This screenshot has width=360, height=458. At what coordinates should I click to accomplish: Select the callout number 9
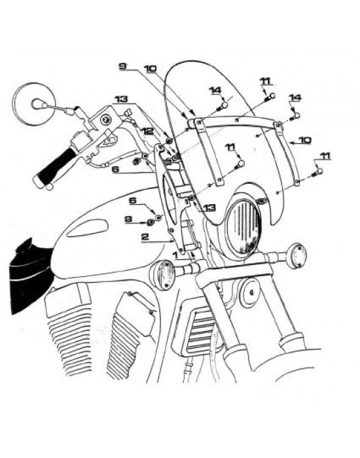[x=122, y=66]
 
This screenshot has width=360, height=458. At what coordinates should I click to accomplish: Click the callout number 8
[x=128, y=219]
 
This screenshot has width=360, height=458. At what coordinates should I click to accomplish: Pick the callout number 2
[x=145, y=237]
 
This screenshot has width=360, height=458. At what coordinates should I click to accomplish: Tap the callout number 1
[x=175, y=255]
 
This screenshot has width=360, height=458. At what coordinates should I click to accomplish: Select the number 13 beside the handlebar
[x=121, y=99]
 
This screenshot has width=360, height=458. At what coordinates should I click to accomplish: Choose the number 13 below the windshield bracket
[x=209, y=207]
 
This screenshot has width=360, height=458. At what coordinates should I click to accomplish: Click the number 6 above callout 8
[x=133, y=201]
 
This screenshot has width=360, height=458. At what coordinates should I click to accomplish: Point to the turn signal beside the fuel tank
[x=162, y=273]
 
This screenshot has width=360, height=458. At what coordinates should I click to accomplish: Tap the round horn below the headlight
[x=249, y=291]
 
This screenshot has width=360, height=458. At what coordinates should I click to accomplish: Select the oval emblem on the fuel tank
[x=87, y=228]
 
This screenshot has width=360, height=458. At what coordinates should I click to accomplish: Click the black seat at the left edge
[x=30, y=275]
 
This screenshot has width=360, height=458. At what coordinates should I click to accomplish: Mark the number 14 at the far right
[x=295, y=98]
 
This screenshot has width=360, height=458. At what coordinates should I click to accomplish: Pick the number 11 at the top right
[x=266, y=81]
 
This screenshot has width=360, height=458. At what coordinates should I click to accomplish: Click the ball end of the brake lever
[x=50, y=186]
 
